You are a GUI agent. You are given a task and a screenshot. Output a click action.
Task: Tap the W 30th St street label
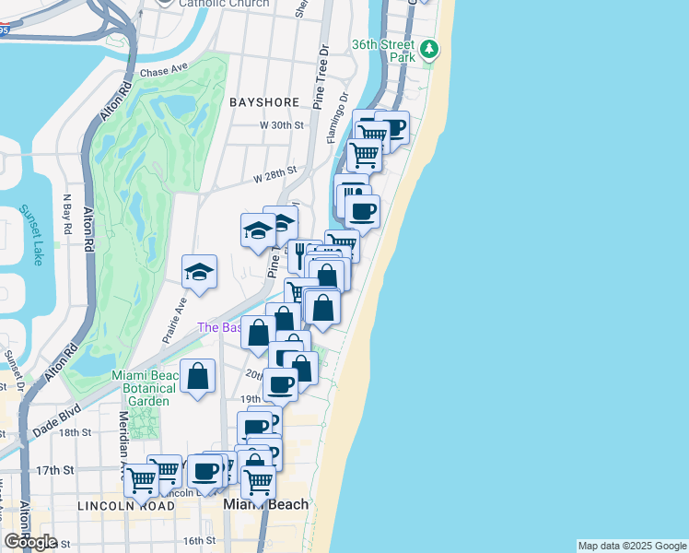[281, 125]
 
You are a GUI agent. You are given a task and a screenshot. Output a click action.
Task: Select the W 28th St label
[275, 172]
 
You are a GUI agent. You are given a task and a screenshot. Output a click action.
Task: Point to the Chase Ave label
[162, 73]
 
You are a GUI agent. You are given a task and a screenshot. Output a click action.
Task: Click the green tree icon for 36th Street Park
[429, 50]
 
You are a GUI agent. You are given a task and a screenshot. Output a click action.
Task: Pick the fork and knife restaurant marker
[299, 253]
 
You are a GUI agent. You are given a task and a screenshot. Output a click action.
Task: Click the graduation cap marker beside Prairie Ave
[199, 271]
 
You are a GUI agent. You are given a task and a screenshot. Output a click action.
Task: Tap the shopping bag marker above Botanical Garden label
[197, 375]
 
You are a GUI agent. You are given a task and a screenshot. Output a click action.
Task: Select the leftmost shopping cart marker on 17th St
[140, 477]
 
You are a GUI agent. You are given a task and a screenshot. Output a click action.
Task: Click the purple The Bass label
[219, 327]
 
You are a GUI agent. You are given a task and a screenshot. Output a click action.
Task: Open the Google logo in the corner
[30, 542]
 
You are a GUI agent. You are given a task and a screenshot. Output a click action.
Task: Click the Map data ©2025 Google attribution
[632, 546]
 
